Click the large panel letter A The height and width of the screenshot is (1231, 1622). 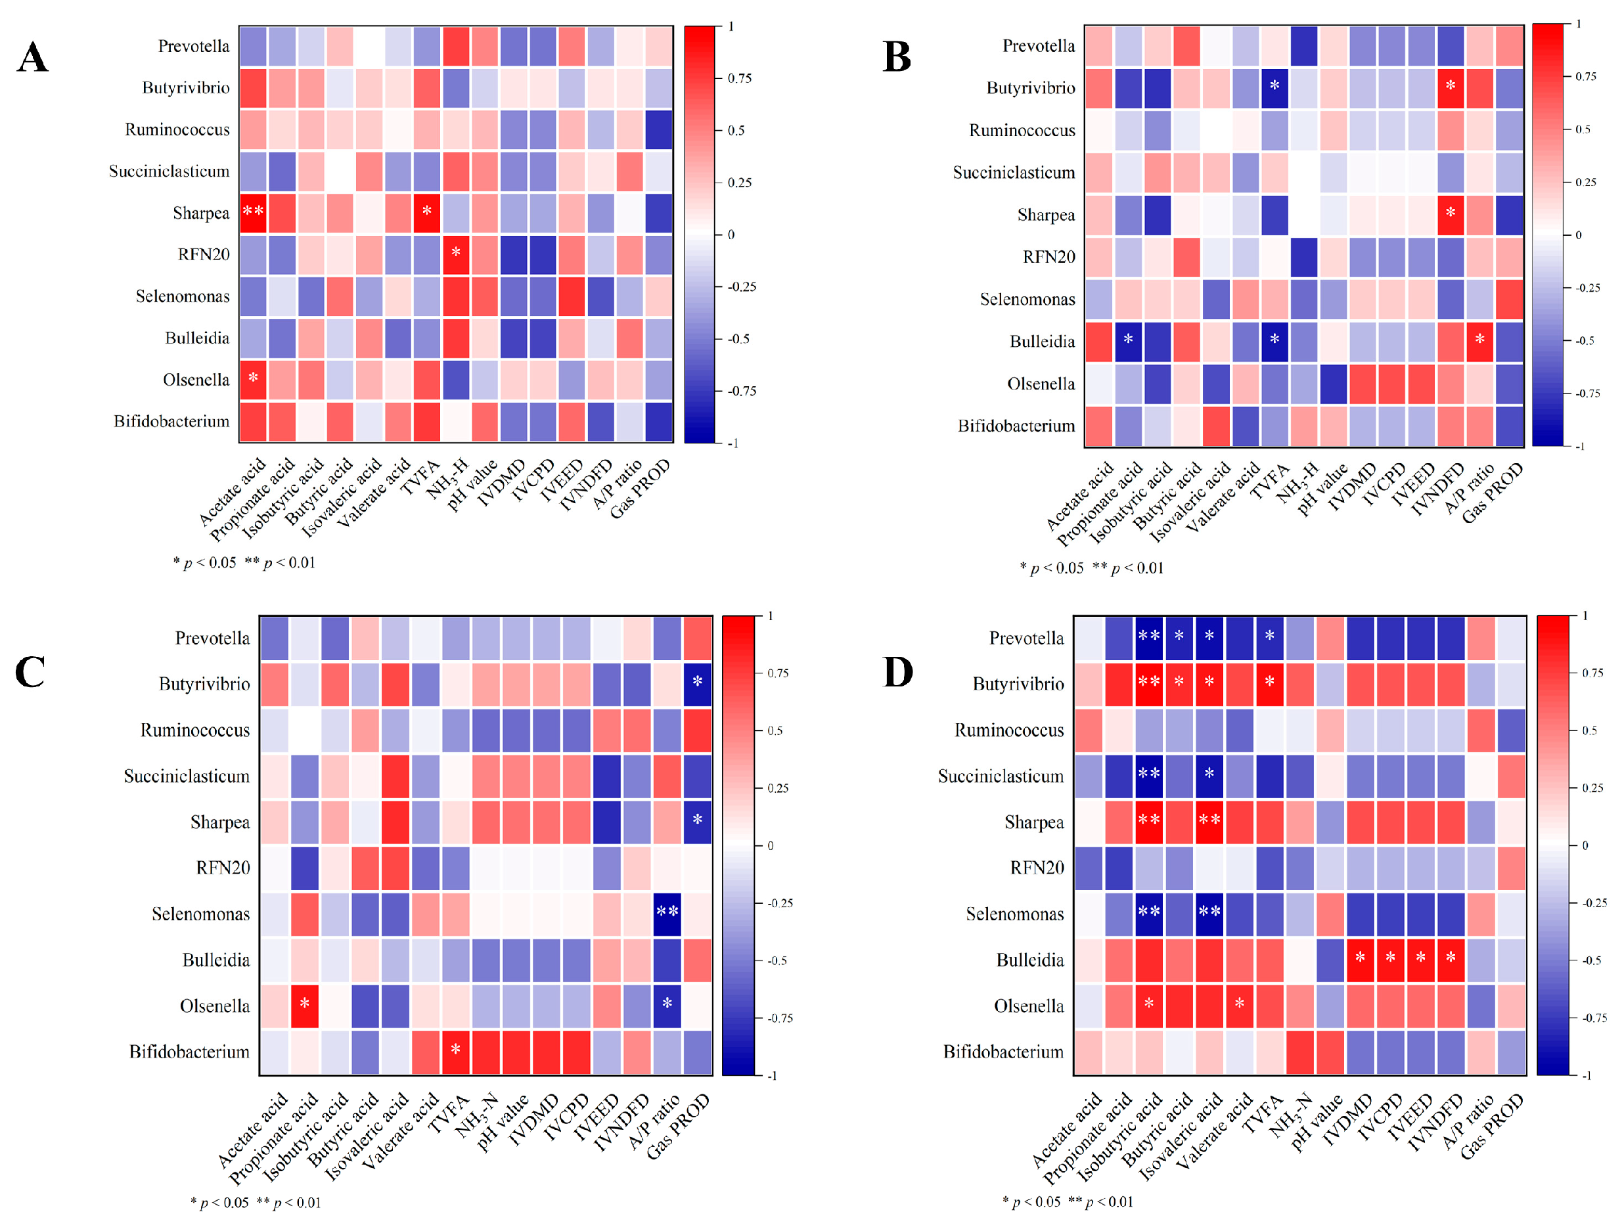pyautogui.click(x=32, y=57)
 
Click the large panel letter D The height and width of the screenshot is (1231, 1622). pyautogui.click(x=897, y=671)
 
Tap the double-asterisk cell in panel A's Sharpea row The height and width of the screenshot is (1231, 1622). pyautogui.click(x=253, y=213)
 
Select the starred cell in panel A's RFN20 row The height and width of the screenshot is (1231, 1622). pyautogui.click(x=456, y=254)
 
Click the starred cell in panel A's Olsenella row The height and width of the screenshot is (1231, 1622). pyautogui.click(x=253, y=379)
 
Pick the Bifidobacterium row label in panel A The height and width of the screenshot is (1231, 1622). pyautogui.click(x=171, y=422)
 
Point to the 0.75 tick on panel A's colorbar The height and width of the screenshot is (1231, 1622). pyautogui.click(x=739, y=78)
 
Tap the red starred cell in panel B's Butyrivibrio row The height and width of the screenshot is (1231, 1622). pyautogui.click(x=1451, y=87)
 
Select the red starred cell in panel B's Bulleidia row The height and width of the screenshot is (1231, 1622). pyautogui.click(x=1479, y=340)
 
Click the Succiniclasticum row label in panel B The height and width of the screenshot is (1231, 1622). pyautogui.click(x=1014, y=173)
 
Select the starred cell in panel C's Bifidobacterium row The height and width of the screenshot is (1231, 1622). pyautogui.click(x=455, y=1050)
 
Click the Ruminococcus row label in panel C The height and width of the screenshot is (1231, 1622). pyautogui.click(x=195, y=730)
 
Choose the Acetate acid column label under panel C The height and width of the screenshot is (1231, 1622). pyautogui.click(x=253, y=1130)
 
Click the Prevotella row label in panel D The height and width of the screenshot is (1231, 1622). pyautogui.click(x=1026, y=638)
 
